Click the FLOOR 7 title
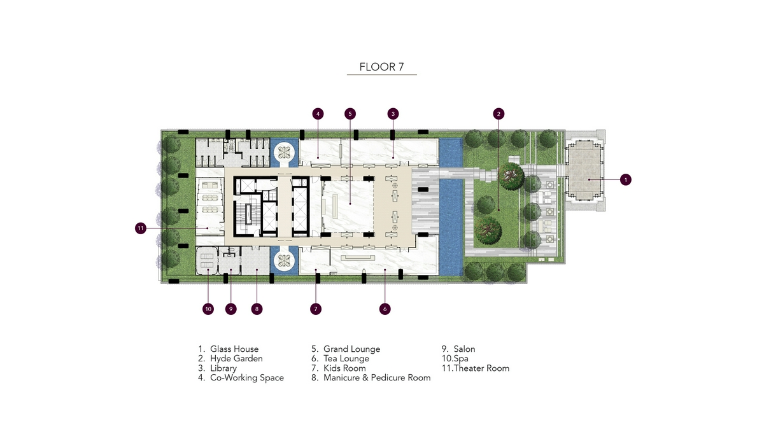click(381, 67)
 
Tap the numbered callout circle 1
click(625, 179)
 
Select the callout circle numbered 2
click(499, 114)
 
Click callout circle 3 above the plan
click(393, 114)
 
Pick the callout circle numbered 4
click(318, 114)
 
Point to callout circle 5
click(350, 114)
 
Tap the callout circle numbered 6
click(385, 309)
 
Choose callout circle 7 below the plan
click(316, 309)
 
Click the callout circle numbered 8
click(257, 309)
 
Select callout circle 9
click(231, 309)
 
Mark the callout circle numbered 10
click(208, 309)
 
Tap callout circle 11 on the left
click(141, 228)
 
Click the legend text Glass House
click(234, 349)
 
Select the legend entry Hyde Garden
click(236, 358)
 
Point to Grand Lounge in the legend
click(351, 349)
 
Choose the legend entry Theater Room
click(481, 368)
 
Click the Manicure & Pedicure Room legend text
click(377, 377)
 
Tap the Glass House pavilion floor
click(584, 171)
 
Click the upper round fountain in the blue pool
click(284, 153)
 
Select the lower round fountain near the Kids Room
click(284, 261)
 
